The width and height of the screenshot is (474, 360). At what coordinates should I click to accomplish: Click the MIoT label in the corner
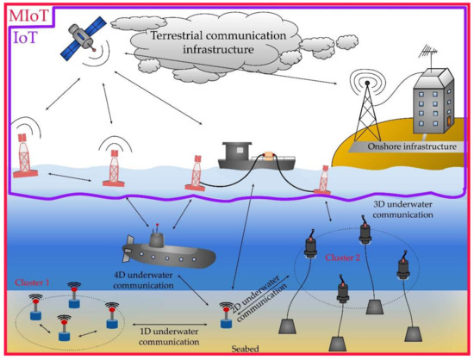pyautogui.click(x=27, y=15)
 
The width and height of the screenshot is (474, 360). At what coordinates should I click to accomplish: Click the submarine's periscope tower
pyautogui.click(x=157, y=233)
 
